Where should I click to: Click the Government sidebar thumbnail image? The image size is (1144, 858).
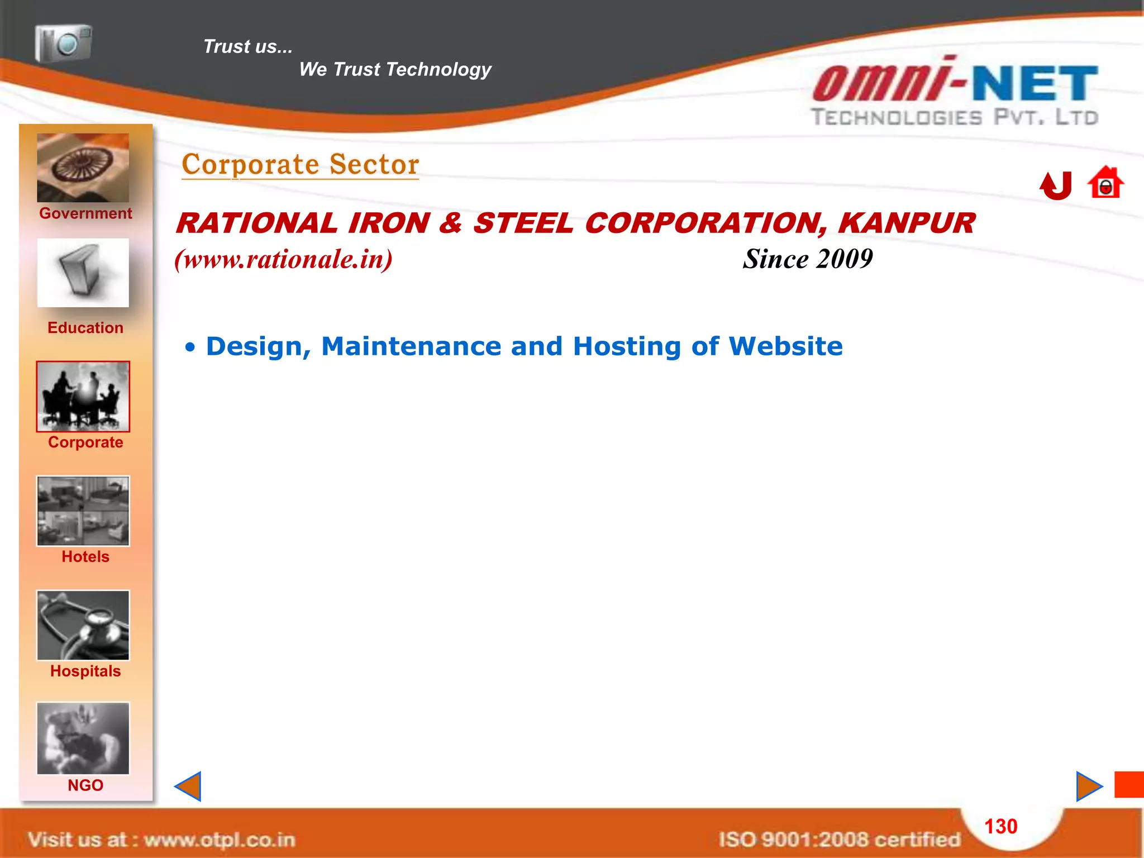(83, 168)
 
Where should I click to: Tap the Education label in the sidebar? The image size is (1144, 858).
(85, 328)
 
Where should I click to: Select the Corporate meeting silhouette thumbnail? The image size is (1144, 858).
(83, 397)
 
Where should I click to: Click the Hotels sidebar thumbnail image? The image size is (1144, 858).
(83, 511)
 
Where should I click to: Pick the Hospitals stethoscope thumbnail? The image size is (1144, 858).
(83, 625)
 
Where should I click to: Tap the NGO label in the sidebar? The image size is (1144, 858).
(85, 785)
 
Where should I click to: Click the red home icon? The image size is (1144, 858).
(1105, 183)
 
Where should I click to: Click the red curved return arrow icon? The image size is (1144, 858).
(1056, 185)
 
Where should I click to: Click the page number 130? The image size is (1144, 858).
(1000, 826)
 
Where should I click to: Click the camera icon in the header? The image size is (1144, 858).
(63, 43)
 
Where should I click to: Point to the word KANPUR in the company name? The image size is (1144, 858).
(906, 223)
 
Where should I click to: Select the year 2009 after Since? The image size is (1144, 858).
(844, 259)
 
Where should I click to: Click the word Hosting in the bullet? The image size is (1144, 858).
(627, 346)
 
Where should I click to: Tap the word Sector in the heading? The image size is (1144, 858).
(374, 165)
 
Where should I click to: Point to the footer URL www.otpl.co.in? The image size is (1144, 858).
(220, 840)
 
